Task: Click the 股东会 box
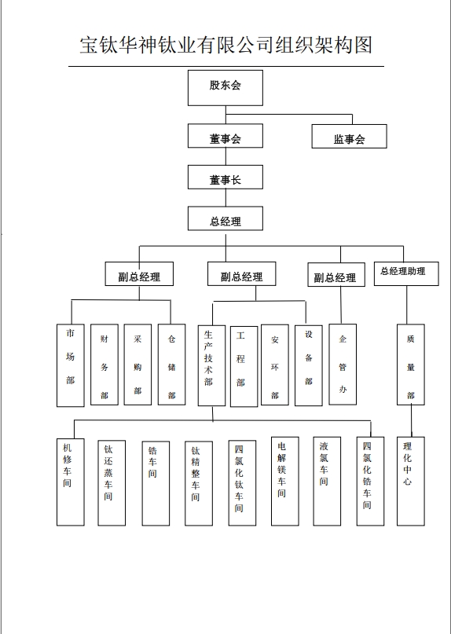pyautogui.click(x=225, y=88)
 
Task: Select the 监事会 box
pyautogui.click(x=349, y=136)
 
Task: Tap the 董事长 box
pyautogui.click(x=225, y=177)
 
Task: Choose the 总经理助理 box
pyautogui.click(x=406, y=273)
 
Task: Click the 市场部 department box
pyautogui.click(x=71, y=365)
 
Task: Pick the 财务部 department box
pyautogui.click(x=104, y=365)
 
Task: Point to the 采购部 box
pyautogui.click(x=137, y=365)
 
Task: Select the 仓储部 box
pyautogui.click(x=171, y=365)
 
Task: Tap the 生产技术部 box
pyautogui.click(x=211, y=365)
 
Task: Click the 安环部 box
pyautogui.click(x=275, y=365)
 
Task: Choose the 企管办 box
pyautogui.click(x=343, y=365)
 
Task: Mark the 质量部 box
pyautogui.click(x=411, y=365)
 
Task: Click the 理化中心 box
pyautogui.click(x=411, y=481)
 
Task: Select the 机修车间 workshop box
pyautogui.click(x=71, y=482)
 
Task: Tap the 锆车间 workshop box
pyautogui.click(x=156, y=484)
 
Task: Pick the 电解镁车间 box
pyautogui.click(x=285, y=481)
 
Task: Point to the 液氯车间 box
pyautogui.click(x=327, y=481)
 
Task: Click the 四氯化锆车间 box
pyautogui.click(x=370, y=481)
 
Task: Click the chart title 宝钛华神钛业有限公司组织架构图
pyautogui.click(x=225, y=45)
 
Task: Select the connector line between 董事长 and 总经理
pyautogui.click(x=225, y=198)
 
